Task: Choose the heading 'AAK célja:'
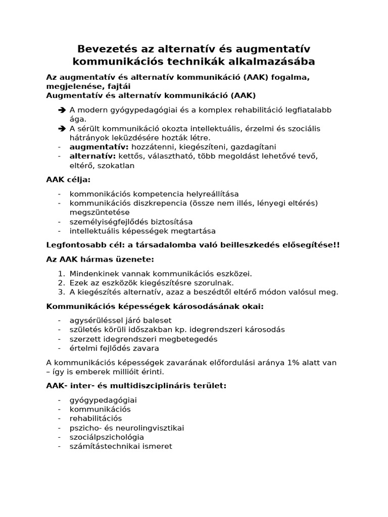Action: click(68, 179)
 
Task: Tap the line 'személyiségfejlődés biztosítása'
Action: click(131, 222)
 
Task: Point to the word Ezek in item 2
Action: click(79, 283)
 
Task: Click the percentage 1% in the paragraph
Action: click(299, 363)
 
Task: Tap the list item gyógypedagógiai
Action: click(103, 400)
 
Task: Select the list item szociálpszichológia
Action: click(107, 437)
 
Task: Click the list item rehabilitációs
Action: click(95, 419)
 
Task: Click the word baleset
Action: click(157, 320)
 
